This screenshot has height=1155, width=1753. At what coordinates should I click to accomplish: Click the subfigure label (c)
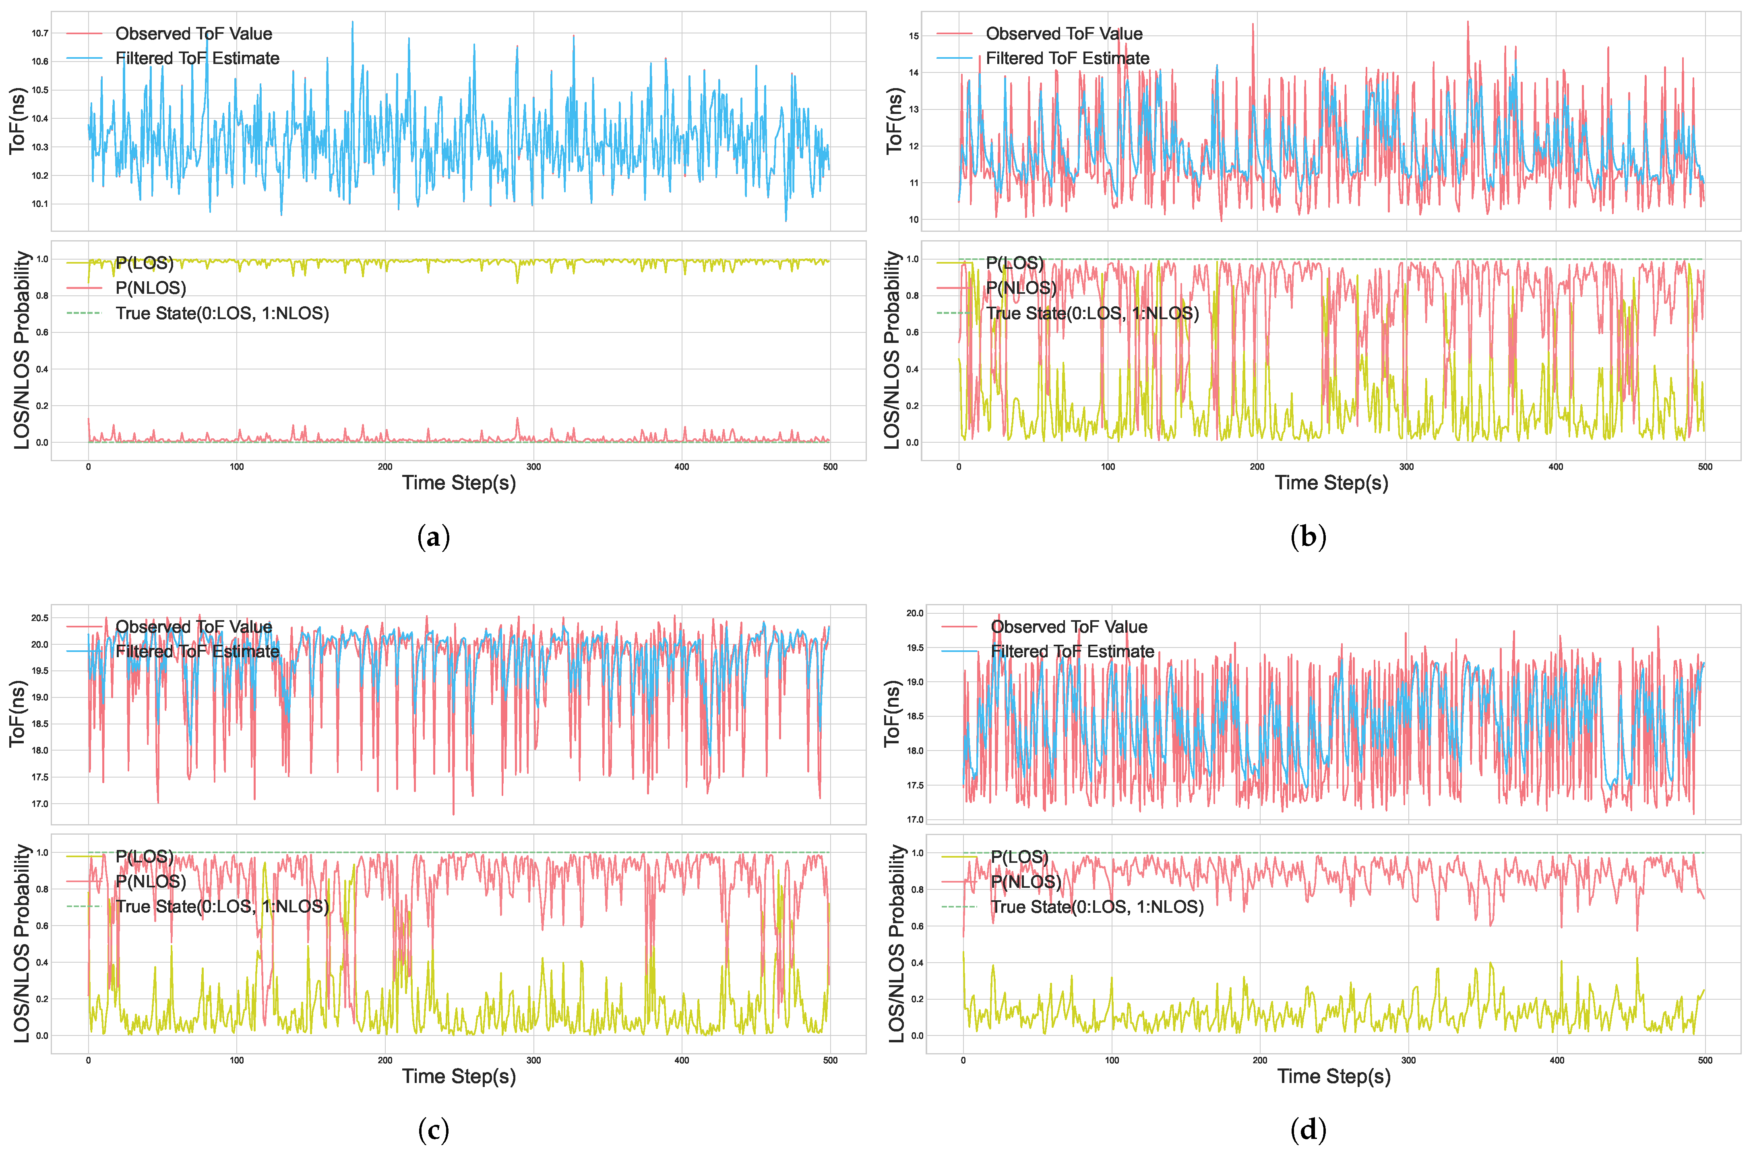click(x=433, y=1130)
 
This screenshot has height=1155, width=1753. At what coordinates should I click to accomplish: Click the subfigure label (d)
click(x=1308, y=1130)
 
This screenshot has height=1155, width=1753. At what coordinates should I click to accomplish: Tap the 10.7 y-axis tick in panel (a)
click(x=40, y=33)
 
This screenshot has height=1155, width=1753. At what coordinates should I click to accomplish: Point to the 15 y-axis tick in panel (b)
click(x=914, y=36)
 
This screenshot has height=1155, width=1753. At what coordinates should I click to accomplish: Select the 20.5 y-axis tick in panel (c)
click(x=40, y=618)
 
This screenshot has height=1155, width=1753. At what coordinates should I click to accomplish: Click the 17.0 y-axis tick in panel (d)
click(x=914, y=819)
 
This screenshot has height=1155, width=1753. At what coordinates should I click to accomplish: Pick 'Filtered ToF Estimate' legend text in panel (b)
click(x=1067, y=58)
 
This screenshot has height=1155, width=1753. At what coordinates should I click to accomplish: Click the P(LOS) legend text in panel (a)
click(x=145, y=263)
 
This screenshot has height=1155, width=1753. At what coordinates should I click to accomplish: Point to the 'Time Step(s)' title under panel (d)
click(x=1334, y=1076)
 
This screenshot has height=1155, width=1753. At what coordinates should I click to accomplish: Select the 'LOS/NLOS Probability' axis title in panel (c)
click(x=22, y=944)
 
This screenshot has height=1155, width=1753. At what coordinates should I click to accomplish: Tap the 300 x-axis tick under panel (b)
click(x=1406, y=466)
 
